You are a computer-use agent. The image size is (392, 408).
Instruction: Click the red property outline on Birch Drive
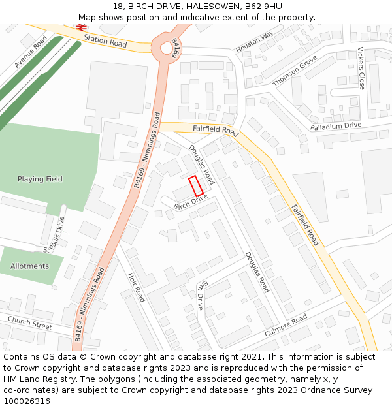coord(196,186)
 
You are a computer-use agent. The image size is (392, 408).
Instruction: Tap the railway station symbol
coord(82,27)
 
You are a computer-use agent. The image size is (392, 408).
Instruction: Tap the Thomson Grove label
coord(295,71)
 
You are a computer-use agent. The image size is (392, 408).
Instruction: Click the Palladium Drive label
coord(335,125)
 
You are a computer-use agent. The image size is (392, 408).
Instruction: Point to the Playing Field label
coord(40,179)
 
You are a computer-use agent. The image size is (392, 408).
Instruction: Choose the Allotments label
coord(29,266)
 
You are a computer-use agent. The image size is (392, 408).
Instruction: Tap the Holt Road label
coord(136,287)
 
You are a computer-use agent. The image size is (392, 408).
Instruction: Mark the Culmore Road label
coord(286,326)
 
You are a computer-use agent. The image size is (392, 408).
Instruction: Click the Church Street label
coord(29,322)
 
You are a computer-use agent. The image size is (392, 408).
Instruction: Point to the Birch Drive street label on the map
coord(190,202)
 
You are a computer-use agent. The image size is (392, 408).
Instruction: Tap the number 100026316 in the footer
coord(27,401)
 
